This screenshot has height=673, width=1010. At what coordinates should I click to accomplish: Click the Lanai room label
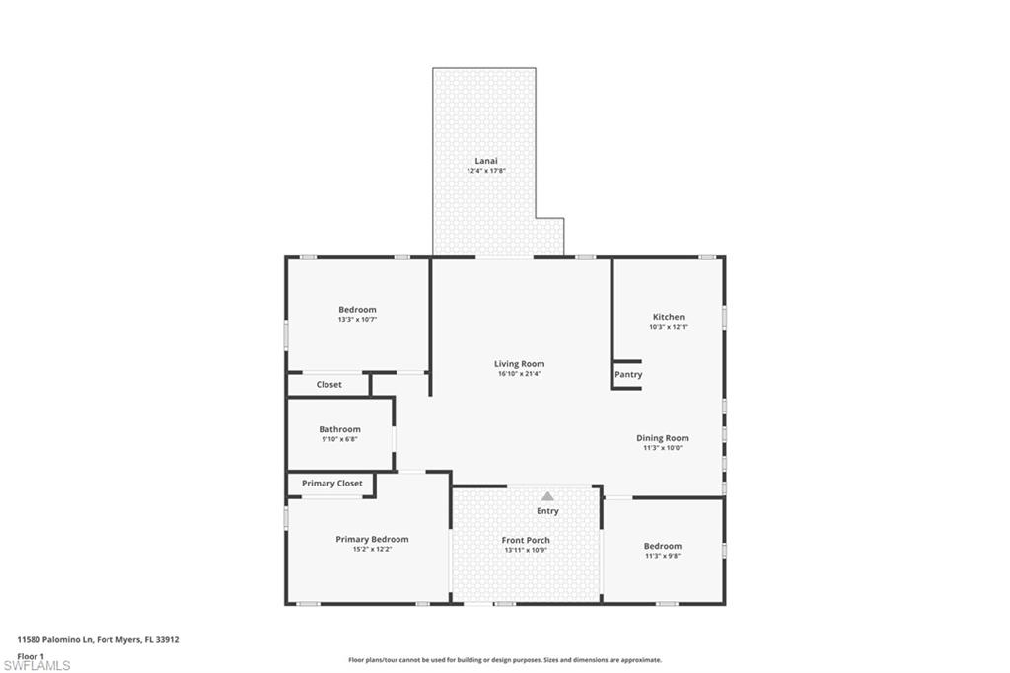pyautogui.click(x=486, y=160)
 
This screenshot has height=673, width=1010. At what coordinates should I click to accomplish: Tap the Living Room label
pyautogui.click(x=519, y=364)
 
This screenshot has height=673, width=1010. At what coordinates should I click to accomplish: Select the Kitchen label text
pyautogui.click(x=668, y=317)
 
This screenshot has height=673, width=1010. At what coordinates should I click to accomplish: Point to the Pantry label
pyautogui.click(x=628, y=375)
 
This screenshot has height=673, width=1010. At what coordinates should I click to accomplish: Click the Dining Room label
pyautogui.click(x=662, y=438)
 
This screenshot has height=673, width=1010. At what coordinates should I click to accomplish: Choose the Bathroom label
pyautogui.click(x=339, y=429)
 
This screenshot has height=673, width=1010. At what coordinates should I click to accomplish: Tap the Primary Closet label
pyautogui.click(x=331, y=484)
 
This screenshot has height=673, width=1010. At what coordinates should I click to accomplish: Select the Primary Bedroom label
pyautogui.click(x=372, y=539)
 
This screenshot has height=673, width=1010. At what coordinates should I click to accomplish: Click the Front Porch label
pyautogui.click(x=526, y=540)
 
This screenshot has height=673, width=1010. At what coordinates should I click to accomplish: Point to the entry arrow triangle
pyautogui.click(x=547, y=496)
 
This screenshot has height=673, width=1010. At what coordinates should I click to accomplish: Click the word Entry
pyautogui.click(x=547, y=511)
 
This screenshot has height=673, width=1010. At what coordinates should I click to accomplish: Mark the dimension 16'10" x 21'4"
pyautogui.click(x=519, y=374)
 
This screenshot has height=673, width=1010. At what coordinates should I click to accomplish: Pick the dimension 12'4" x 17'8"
pyautogui.click(x=486, y=171)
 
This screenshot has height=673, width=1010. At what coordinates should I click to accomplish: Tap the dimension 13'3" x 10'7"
pyautogui.click(x=357, y=320)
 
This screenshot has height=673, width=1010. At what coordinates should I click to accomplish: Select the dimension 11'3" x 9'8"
pyautogui.click(x=662, y=556)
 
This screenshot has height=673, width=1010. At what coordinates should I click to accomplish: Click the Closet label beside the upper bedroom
pyautogui.click(x=329, y=385)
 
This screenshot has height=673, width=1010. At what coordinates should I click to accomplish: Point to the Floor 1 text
pyautogui.click(x=31, y=655)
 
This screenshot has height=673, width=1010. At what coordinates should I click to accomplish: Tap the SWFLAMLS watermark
pyautogui.click(x=36, y=665)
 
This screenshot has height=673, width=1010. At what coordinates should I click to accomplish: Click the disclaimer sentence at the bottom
pyautogui.click(x=504, y=660)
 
